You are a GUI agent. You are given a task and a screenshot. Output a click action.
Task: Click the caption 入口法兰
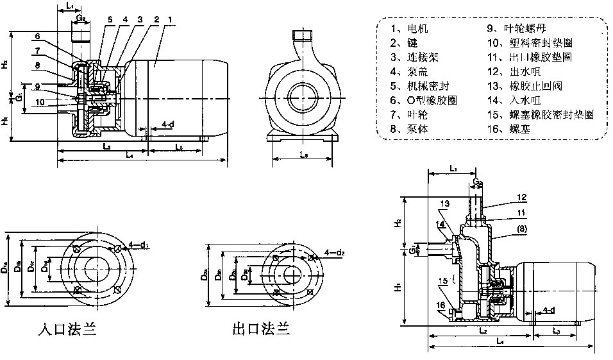click(x=67, y=330)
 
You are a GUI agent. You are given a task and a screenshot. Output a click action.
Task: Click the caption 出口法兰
click(x=261, y=330)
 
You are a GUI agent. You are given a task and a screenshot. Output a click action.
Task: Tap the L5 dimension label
click(x=303, y=156)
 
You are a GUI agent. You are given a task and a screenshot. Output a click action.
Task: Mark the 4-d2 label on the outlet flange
click(x=334, y=252)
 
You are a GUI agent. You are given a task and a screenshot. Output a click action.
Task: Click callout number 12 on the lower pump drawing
click(x=520, y=197)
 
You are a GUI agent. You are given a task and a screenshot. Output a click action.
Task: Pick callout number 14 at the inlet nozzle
click(x=441, y=223)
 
